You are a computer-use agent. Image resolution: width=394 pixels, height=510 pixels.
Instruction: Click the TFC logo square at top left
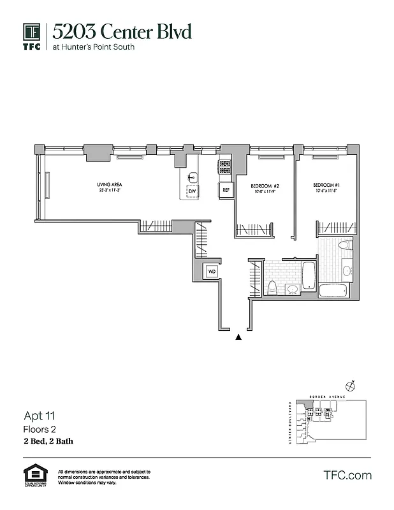click(32, 32)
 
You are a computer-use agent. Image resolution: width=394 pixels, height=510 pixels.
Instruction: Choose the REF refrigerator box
click(226, 189)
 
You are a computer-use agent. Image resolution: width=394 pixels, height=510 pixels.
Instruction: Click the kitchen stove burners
click(224, 167)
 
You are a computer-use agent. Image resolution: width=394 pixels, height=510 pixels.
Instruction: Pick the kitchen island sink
click(193, 177)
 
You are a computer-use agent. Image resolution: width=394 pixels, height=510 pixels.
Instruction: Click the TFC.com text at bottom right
click(347, 476)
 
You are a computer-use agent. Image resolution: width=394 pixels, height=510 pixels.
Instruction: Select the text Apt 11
click(36, 417)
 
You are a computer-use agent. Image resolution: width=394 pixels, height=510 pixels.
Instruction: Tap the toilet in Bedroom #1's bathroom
click(345, 246)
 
